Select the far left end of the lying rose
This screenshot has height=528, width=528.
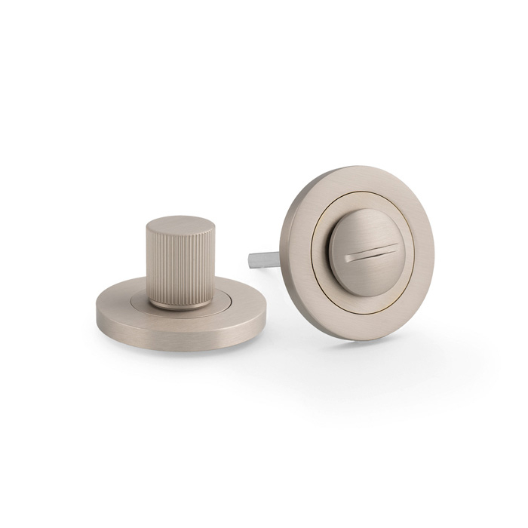click(95, 311)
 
